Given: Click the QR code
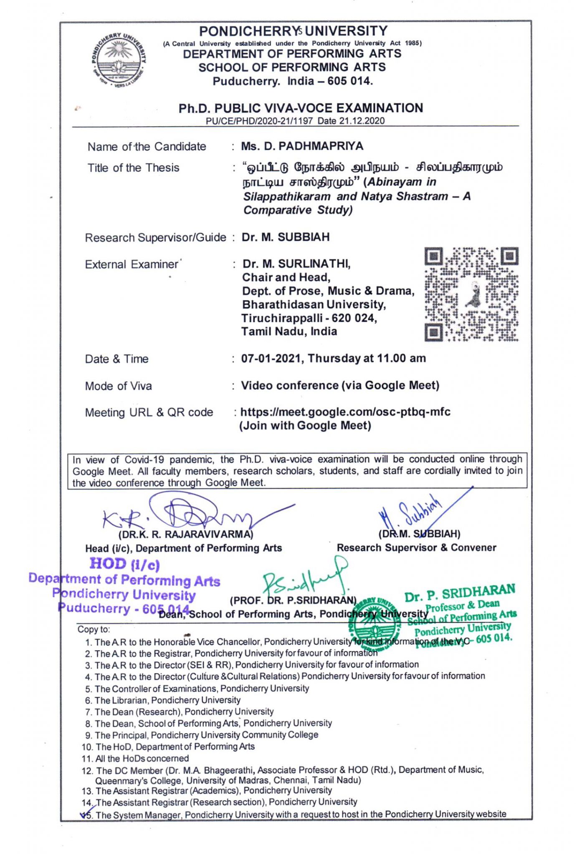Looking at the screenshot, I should click(471, 294).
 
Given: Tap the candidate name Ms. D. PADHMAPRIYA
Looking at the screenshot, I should click(302, 146).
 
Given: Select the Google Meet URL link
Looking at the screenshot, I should click(345, 412).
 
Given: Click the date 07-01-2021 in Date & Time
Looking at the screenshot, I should click(272, 359).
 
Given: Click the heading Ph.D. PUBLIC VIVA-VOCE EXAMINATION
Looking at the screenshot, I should click(301, 108).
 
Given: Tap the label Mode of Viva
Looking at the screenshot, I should click(118, 386).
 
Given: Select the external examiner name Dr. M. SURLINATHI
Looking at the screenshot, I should click(296, 264).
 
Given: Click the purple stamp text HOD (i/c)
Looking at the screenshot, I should click(124, 564).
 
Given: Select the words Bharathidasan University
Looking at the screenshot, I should click(314, 305).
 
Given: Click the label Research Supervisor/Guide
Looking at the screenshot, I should click(155, 238).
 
